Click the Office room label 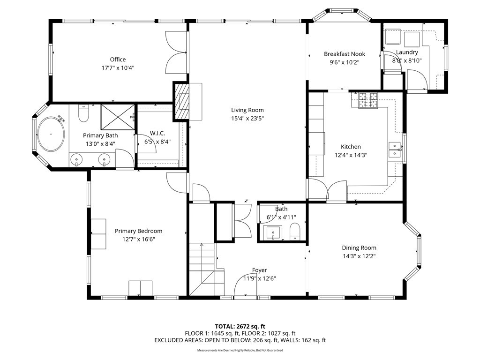[x=118, y=60]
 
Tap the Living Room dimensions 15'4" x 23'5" [x=247, y=119]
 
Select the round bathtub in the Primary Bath [x=50, y=134]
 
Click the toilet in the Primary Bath [x=83, y=113]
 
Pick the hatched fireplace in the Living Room [x=182, y=101]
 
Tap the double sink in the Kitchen [x=395, y=149]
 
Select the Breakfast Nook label [x=344, y=54]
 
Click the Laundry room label [x=406, y=52]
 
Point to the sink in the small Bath [x=272, y=232]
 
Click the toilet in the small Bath [x=295, y=231]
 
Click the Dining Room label [x=359, y=248]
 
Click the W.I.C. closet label [x=157, y=134]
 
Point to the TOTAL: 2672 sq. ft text [x=240, y=326]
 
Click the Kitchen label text [x=351, y=147]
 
